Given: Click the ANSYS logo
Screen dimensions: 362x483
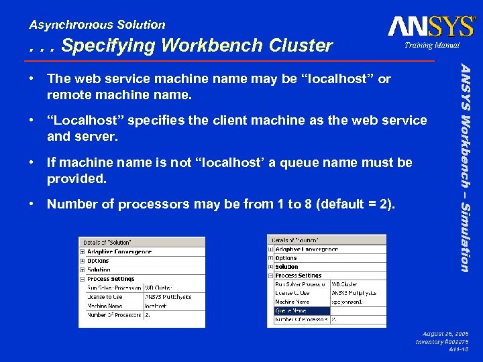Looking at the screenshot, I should point(431,27).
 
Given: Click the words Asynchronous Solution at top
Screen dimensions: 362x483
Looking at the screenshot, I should point(97,25).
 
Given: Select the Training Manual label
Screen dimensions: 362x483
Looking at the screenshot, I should point(431,46).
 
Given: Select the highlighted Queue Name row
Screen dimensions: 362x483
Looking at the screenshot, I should point(301,310).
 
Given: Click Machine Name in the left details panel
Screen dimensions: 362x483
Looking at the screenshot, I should point(105,306).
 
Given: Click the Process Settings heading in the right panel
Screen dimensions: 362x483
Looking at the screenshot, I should point(299,276).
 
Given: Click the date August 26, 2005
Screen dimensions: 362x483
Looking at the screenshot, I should point(445,333).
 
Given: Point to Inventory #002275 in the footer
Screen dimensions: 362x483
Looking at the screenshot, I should point(442,342).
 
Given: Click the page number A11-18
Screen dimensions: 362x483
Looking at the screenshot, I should point(458,350).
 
